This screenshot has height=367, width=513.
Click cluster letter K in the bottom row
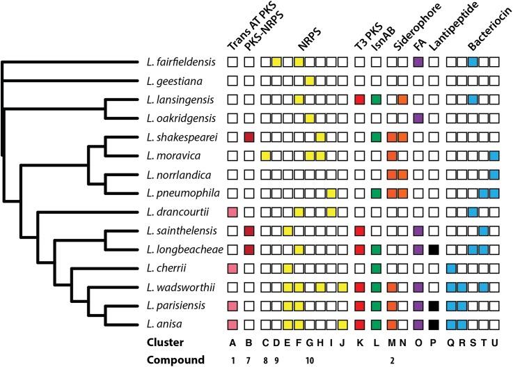tap(360, 342)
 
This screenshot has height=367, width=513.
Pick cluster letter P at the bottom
tap(434, 342)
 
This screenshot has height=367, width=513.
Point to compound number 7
tap(248, 360)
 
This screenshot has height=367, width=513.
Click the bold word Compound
tap(177, 360)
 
